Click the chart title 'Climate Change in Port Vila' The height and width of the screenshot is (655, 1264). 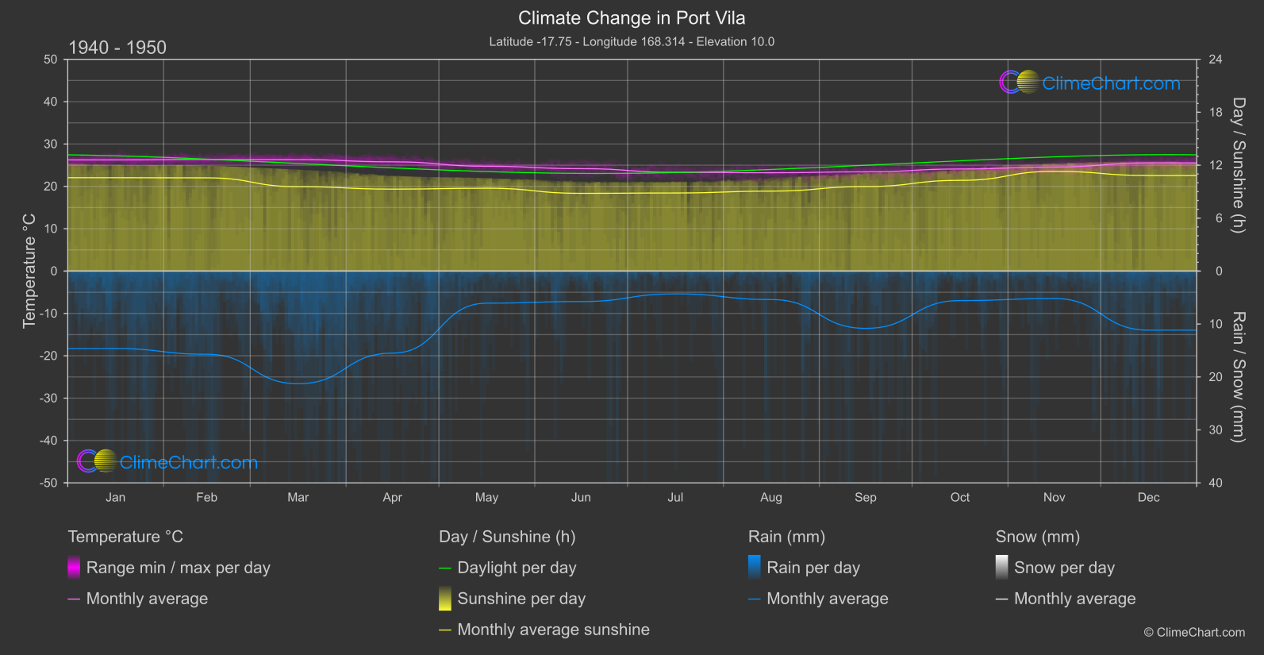tap(632, 18)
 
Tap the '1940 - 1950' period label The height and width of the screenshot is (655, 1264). tap(117, 48)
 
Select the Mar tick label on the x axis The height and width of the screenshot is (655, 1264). tap(298, 498)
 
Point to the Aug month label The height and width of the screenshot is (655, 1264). tap(770, 498)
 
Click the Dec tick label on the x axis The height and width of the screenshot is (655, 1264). tap(1148, 498)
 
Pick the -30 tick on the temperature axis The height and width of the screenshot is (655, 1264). tap(48, 399)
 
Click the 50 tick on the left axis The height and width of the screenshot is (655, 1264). tap(51, 60)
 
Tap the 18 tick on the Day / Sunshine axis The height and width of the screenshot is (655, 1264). tap(1216, 113)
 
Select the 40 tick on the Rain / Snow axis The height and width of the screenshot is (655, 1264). tap(1216, 483)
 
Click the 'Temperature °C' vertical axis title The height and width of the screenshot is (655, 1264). tap(29, 270)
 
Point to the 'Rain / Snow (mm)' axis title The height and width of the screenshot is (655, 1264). tap(1238, 376)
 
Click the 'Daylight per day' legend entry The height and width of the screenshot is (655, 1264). tap(517, 568)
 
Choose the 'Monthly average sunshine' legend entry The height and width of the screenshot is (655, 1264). tap(553, 630)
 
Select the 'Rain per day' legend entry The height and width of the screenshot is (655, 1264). tap(813, 568)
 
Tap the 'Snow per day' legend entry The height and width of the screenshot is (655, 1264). tap(1064, 568)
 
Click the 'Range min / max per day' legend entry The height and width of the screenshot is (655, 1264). tap(178, 568)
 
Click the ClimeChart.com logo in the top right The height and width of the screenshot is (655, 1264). tap(1089, 83)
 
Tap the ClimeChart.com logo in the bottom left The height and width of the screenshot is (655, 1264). tap(167, 462)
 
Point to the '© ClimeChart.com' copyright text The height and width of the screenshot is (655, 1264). tap(1194, 633)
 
